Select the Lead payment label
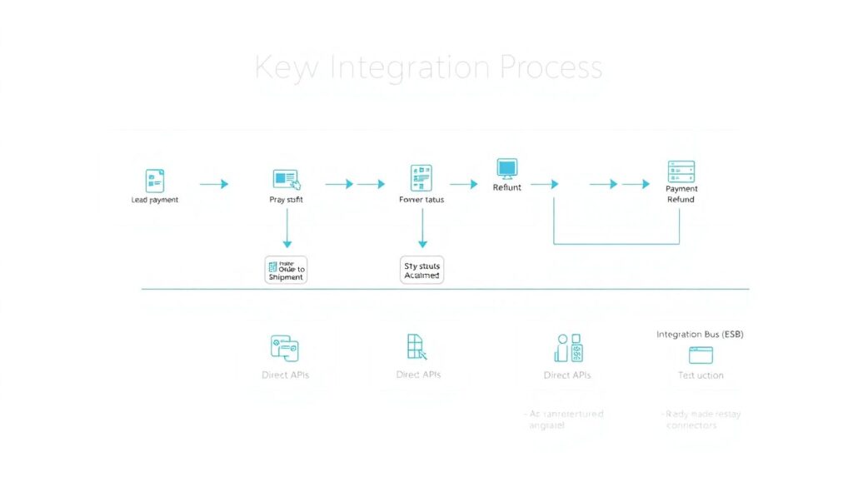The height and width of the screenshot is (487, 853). point(155,200)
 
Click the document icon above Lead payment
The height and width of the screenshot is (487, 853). point(155,181)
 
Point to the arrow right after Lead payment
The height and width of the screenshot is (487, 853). point(214,184)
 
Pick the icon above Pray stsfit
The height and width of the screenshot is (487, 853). point(286,179)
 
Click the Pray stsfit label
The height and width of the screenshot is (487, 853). point(286,200)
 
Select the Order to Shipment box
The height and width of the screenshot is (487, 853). point(286,270)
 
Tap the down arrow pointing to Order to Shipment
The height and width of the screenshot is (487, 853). point(287,229)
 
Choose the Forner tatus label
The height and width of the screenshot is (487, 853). point(422,200)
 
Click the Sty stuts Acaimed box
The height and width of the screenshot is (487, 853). point(422,270)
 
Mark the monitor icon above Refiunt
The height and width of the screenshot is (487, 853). point(506,168)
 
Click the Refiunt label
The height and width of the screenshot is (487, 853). point(506,187)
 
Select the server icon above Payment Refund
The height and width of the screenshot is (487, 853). point(681,171)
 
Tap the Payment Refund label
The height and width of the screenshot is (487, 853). point(681,194)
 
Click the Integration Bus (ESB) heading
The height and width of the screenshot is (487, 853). point(700,334)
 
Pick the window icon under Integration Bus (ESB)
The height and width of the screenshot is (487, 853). point(701,355)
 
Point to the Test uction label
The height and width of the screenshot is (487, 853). point(701,375)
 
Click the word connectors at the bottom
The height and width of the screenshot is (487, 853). point(691,425)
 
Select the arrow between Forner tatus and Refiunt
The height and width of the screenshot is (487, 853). point(463,184)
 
